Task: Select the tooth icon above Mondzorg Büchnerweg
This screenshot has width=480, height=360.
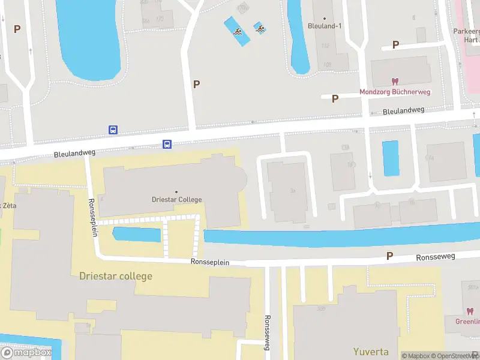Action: [x=395, y=81]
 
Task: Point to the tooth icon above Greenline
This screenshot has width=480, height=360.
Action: [x=470, y=311]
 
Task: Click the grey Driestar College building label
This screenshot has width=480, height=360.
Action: [x=176, y=199]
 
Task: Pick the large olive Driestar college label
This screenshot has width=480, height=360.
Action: [x=116, y=276]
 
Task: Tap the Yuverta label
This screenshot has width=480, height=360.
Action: [x=370, y=352]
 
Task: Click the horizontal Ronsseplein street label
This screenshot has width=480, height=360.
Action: [x=210, y=262]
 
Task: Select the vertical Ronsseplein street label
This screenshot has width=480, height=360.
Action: [x=92, y=217]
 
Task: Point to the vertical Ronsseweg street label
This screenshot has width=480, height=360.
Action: [x=268, y=333]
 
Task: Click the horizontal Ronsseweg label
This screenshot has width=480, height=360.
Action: [x=436, y=257]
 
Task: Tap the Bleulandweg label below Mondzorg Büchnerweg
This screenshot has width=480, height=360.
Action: [x=403, y=111]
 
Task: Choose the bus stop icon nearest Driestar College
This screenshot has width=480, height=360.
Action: [x=167, y=144]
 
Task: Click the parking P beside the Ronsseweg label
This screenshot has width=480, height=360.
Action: [x=389, y=256]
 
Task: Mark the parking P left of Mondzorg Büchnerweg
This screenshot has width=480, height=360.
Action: [x=335, y=98]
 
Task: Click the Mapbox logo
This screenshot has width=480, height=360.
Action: [x=27, y=352]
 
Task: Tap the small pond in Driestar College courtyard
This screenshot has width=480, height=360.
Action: [x=137, y=235]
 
